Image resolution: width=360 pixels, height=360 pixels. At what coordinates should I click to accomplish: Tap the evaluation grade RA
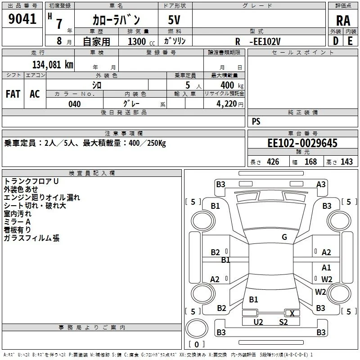[343, 20]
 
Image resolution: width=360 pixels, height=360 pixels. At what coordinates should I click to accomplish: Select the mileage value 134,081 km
[53, 64]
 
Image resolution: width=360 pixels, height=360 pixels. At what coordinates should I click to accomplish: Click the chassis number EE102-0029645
[302, 144]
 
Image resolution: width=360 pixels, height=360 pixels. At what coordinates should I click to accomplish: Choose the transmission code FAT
[13, 94]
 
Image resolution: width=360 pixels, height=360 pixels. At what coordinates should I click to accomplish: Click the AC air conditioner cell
[35, 94]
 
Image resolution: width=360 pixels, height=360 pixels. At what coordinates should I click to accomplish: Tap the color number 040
[74, 104]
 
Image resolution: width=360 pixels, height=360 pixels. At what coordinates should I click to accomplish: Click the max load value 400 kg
[230, 85]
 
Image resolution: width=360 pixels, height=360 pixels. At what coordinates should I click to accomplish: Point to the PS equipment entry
[256, 121]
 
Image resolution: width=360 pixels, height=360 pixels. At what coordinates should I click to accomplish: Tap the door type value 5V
[175, 20]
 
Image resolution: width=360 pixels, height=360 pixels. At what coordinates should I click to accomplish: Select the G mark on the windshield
[284, 237]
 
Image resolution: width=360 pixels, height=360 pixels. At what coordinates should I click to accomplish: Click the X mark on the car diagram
[292, 313]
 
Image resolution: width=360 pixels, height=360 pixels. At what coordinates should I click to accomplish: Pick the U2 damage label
[258, 322]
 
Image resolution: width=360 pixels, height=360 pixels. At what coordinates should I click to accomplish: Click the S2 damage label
[283, 322]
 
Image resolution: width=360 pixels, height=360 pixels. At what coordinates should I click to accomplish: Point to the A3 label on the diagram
[321, 184]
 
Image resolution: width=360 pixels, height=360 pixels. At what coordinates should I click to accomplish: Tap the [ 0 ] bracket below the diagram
[196, 344]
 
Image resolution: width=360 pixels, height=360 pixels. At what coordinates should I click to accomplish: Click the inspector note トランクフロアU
[31, 181]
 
